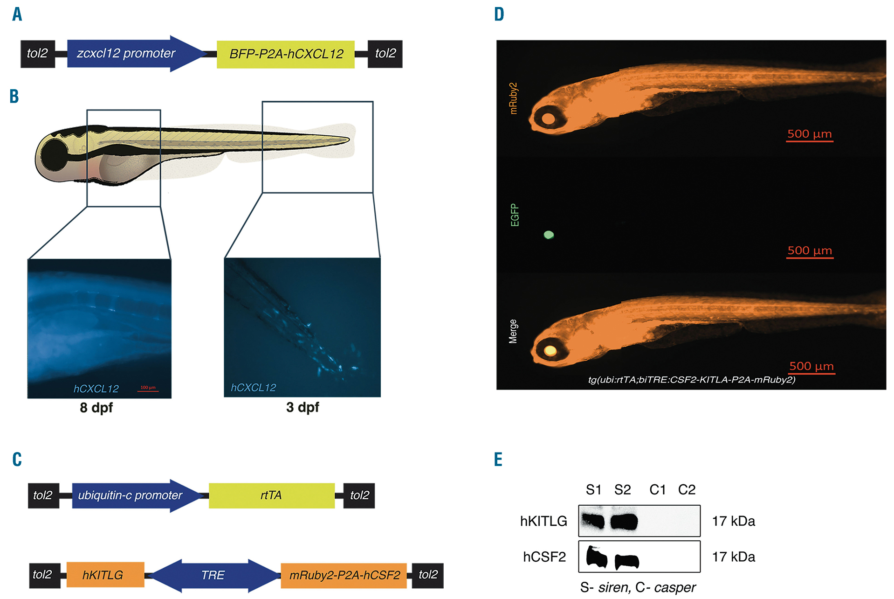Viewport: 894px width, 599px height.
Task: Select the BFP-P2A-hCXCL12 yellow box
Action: pyautogui.click(x=285, y=54)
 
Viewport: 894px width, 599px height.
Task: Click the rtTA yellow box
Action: pyautogui.click(x=271, y=495)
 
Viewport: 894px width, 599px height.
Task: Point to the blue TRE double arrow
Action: pyautogui.click(x=213, y=575)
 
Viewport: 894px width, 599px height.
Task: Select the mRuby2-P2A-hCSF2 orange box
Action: pyautogui.click(x=344, y=575)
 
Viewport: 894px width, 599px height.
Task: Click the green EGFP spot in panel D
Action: pyautogui.click(x=549, y=235)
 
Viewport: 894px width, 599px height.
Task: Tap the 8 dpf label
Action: pyautogui.click(x=96, y=408)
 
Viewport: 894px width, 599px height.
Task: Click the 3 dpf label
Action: pyautogui.click(x=302, y=407)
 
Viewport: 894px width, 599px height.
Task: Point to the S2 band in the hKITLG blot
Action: pyautogui.click(x=624, y=521)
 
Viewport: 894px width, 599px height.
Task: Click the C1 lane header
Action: pyautogui.click(x=657, y=489)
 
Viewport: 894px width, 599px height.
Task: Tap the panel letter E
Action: pyautogui.click(x=498, y=460)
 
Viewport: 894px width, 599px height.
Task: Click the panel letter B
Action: pyautogui.click(x=14, y=97)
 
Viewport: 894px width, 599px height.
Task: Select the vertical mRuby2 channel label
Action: pyautogui.click(x=513, y=98)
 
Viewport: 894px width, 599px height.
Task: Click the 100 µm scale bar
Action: pyautogui.click(x=148, y=390)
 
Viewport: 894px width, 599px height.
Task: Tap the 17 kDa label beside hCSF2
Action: pyautogui.click(x=733, y=557)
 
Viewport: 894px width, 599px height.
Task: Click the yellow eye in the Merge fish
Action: pyautogui.click(x=550, y=350)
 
